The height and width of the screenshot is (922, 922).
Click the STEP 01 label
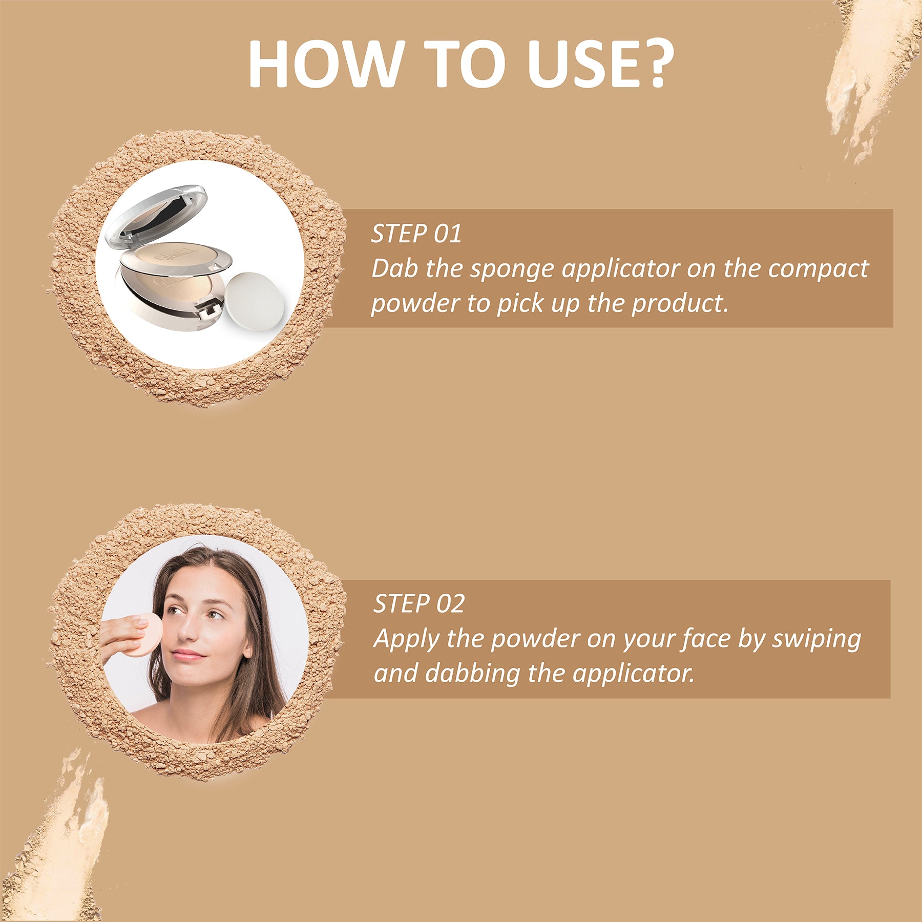[416, 234]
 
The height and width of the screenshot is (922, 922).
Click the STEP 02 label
[418, 604]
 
